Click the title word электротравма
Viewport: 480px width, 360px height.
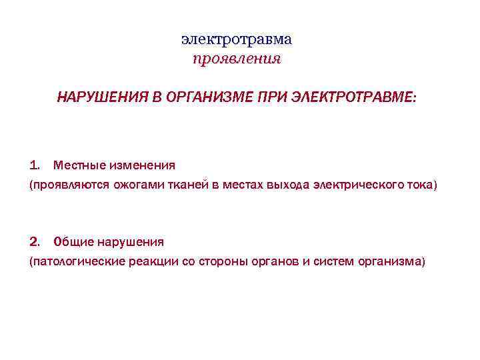pyautogui.click(x=237, y=39)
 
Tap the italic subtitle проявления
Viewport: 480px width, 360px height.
pyautogui.click(x=237, y=59)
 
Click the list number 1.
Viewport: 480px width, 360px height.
pyautogui.click(x=35, y=164)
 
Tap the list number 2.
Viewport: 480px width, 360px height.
pyautogui.click(x=35, y=241)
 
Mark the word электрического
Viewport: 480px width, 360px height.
pyautogui.click(x=363, y=184)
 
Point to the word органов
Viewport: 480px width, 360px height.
pyautogui.click(x=275, y=261)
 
